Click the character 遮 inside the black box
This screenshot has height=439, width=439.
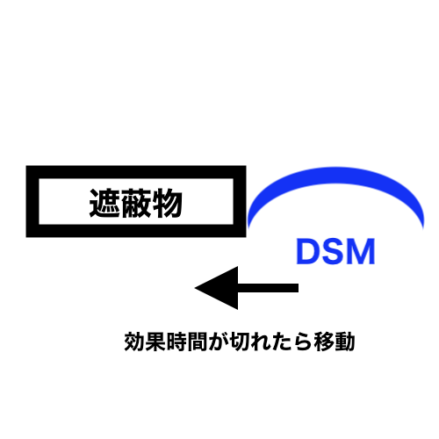coord(104,203)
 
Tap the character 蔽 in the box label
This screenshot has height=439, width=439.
coord(136,203)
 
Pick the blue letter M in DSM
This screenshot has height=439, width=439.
coord(362,252)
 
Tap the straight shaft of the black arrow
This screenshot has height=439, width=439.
coord(268,288)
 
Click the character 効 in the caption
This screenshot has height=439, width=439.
coord(134,342)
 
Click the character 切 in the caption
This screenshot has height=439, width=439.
coord(240,342)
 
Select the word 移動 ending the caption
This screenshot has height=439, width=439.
coord(335,342)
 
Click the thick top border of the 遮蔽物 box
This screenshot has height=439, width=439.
coord(136,172)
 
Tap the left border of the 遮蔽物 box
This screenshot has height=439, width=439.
coord(32,201)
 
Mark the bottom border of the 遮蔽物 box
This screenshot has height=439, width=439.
coord(136,231)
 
